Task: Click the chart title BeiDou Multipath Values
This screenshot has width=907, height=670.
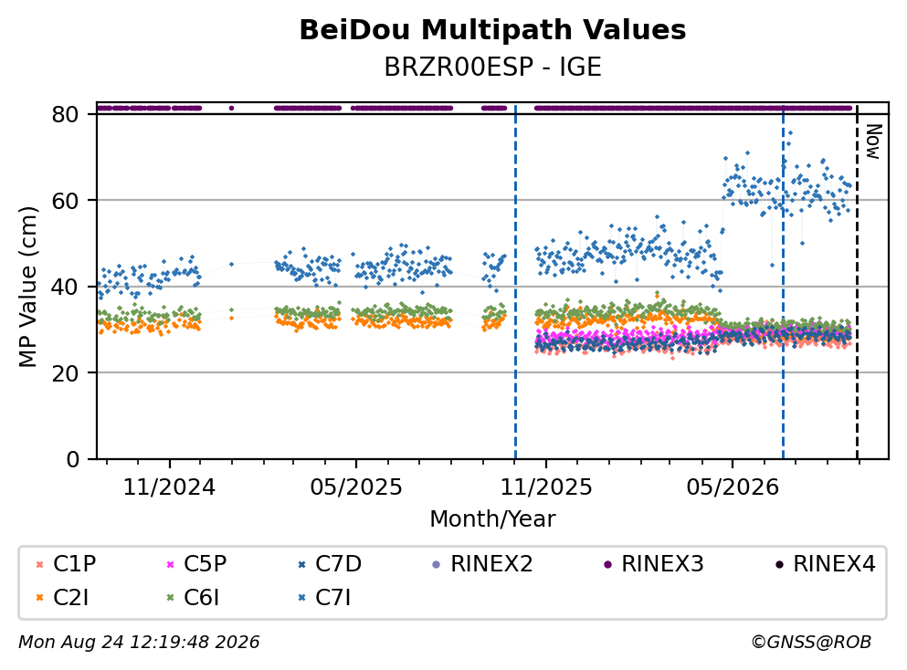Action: (492, 30)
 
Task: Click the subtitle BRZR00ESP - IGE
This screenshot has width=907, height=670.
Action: (492, 67)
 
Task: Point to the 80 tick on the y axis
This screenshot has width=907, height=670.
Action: (66, 114)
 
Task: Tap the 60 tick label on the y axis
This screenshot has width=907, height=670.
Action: (66, 201)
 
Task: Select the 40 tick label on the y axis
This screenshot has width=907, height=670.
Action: (66, 287)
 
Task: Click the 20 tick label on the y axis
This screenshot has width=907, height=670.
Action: (66, 372)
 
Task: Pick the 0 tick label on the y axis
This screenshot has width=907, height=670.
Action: (73, 459)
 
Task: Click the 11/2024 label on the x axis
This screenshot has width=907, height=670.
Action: (170, 487)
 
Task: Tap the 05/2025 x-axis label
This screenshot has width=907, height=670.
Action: (355, 487)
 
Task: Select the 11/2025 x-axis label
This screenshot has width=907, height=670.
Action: (546, 487)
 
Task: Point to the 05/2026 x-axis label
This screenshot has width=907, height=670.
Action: (733, 487)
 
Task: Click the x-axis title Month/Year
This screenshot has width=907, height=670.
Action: (492, 519)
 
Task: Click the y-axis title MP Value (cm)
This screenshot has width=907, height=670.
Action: (27, 287)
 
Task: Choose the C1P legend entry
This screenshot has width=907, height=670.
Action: (67, 563)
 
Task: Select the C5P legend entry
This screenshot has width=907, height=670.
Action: (196, 563)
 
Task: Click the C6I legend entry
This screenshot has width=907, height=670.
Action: (194, 598)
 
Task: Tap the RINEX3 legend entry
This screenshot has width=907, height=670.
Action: (654, 563)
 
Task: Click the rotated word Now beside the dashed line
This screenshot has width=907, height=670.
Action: (874, 141)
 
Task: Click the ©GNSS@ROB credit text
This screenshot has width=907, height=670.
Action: (811, 643)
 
